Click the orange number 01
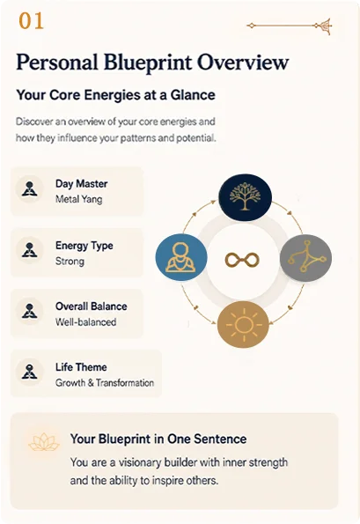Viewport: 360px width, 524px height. pos(31,21)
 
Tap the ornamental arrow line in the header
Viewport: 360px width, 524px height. pos(290,26)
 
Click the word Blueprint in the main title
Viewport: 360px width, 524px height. pos(148,63)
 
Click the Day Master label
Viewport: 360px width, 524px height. pos(82,184)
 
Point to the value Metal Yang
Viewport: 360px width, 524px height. pos(79,199)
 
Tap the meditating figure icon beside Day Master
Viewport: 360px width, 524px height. pos(29,188)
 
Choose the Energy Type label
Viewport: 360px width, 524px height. pos(84,246)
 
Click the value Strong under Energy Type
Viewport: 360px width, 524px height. pos(70,261)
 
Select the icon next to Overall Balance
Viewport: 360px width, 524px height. pos(29,311)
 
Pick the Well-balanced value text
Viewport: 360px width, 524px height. pos(86,322)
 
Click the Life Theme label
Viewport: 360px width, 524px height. pos(81,367)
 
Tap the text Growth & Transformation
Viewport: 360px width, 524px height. pos(105,382)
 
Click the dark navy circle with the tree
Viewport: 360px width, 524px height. pos(245,197)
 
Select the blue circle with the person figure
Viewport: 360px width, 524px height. pos(181,257)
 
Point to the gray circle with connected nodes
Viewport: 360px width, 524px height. pos(305,258)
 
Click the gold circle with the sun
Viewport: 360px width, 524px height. pos(243,324)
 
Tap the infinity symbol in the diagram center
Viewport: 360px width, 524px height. pos(242,260)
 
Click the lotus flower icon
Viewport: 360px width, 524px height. pos(44,442)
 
